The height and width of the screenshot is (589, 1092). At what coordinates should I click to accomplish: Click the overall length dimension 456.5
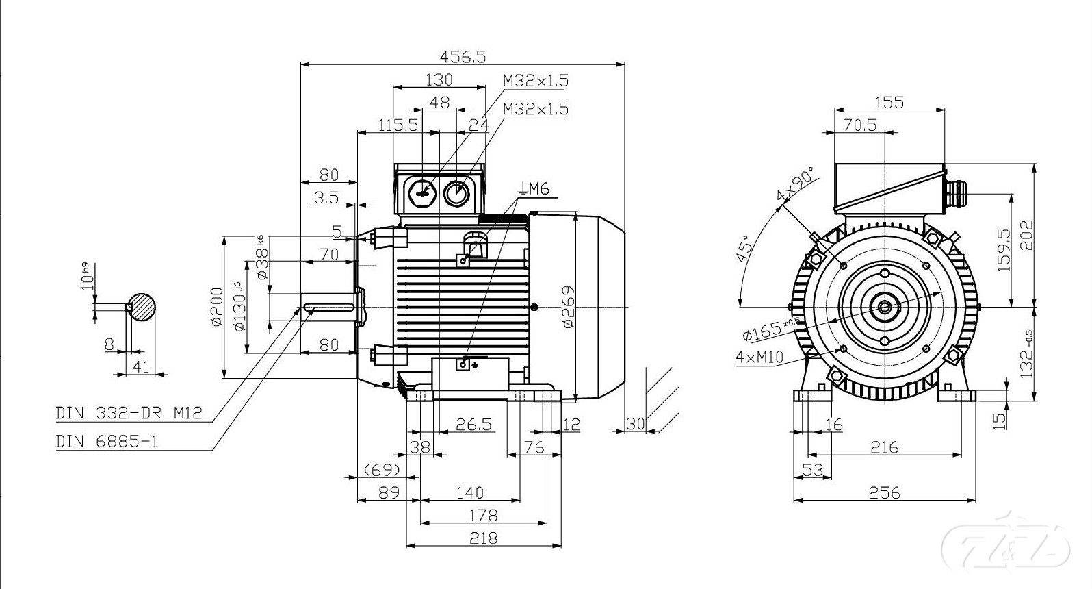click(463, 57)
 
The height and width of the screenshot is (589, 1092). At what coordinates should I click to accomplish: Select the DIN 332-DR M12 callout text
click(129, 414)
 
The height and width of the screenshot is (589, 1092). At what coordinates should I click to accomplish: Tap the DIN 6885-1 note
click(107, 442)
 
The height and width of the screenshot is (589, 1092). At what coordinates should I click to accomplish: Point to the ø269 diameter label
click(568, 306)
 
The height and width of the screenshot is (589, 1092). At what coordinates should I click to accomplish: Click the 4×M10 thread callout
click(759, 357)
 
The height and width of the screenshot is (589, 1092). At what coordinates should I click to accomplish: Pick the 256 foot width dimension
click(884, 492)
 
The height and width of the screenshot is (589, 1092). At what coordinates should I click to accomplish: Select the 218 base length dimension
click(483, 538)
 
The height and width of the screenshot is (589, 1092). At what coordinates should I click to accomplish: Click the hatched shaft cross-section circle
click(142, 306)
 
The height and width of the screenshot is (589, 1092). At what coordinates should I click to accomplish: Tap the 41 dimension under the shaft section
click(140, 366)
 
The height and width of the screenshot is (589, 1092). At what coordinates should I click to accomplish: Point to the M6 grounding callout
click(536, 189)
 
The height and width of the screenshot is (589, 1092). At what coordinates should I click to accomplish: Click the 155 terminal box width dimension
click(889, 102)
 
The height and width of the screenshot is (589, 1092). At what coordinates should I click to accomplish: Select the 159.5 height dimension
click(1004, 250)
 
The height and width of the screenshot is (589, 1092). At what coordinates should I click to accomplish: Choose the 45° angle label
click(744, 248)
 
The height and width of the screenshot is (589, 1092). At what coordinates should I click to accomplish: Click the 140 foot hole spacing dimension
click(469, 492)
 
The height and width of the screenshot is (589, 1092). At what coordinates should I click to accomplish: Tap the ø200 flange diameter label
click(216, 306)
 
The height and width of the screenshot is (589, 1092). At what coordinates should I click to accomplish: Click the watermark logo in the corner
click(1005, 545)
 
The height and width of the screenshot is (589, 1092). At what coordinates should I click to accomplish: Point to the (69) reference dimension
click(381, 470)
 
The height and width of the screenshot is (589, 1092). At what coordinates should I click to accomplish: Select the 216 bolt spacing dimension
click(884, 447)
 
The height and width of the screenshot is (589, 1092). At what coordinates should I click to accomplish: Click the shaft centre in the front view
click(885, 306)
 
